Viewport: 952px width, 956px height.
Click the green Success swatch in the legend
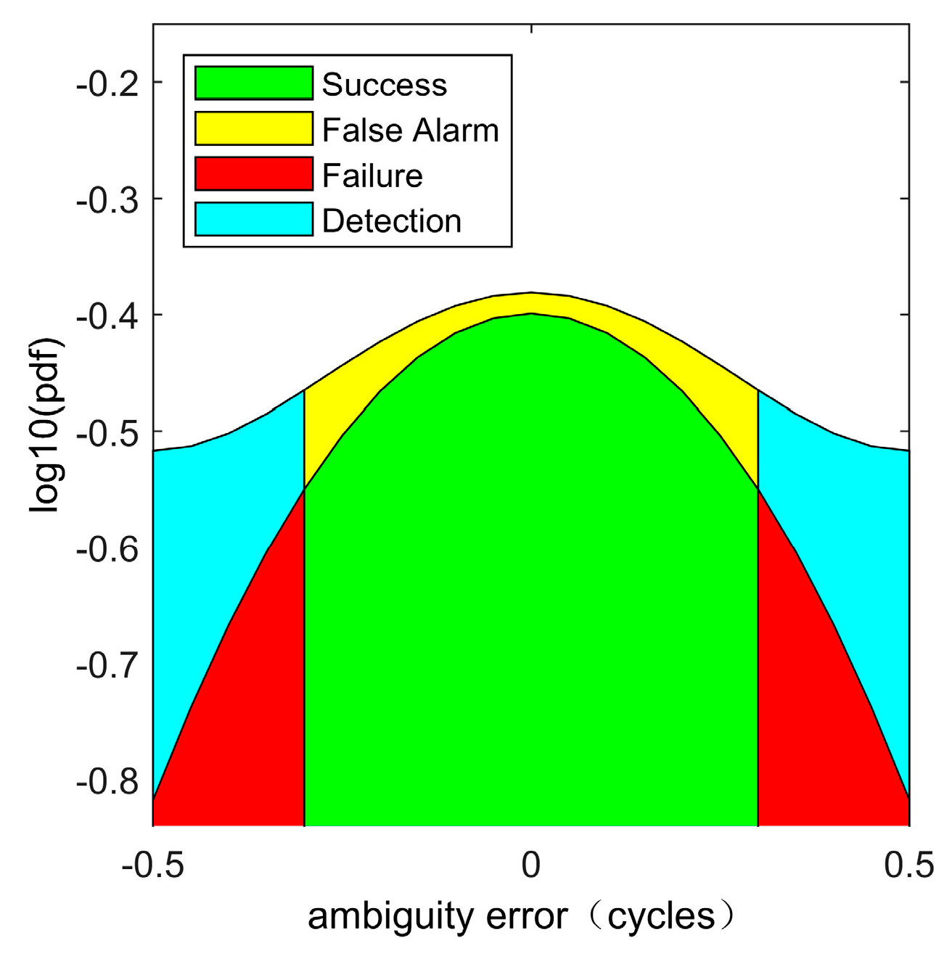click(x=254, y=83)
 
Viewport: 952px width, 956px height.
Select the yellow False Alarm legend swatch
click(x=254, y=129)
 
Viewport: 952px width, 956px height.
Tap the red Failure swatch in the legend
click(x=254, y=175)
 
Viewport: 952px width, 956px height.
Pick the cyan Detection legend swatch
click(x=254, y=220)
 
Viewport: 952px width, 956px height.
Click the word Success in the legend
click(x=385, y=85)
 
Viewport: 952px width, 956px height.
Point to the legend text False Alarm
click(x=411, y=131)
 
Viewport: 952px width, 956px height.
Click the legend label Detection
click(x=392, y=221)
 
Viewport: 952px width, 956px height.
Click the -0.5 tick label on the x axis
click(x=152, y=865)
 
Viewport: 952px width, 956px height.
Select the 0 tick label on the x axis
click(x=531, y=865)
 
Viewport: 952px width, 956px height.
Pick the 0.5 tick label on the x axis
click(x=908, y=865)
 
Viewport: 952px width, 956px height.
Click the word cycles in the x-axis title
click(x=661, y=918)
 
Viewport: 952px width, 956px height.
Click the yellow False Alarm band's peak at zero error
click(x=531, y=302)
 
